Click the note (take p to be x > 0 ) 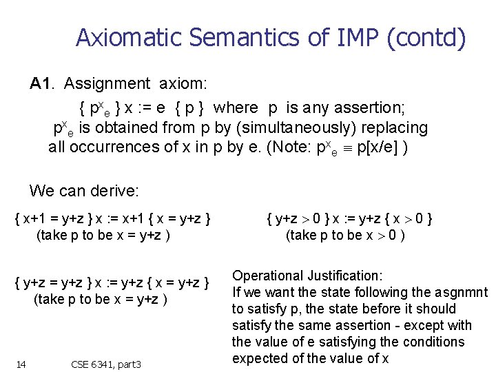[x=345, y=236]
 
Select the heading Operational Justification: [x=307, y=276]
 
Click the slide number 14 [x=21, y=363]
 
